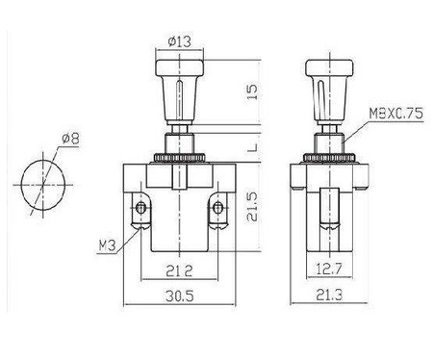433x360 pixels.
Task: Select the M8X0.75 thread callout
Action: [396, 112]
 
